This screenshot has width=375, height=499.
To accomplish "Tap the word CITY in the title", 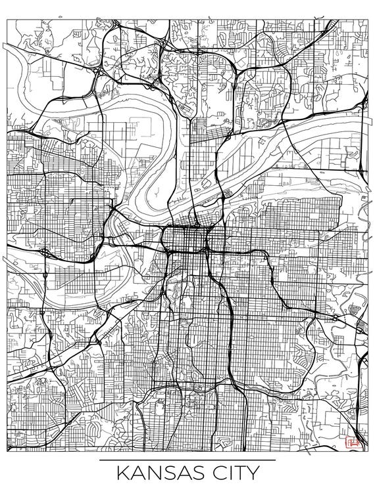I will pyautogui.click(x=233, y=473).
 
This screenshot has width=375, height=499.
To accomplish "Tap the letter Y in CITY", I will pyautogui.click(x=251, y=473).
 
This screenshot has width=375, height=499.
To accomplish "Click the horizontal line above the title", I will pyautogui.click(x=187, y=460).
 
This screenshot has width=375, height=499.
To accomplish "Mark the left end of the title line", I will pyautogui.click(x=100, y=460).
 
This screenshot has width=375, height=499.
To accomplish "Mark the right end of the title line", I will pyautogui.click(x=275, y=460).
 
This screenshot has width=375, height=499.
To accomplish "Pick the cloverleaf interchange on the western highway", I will pyautogui.click(x=44, y=251).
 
